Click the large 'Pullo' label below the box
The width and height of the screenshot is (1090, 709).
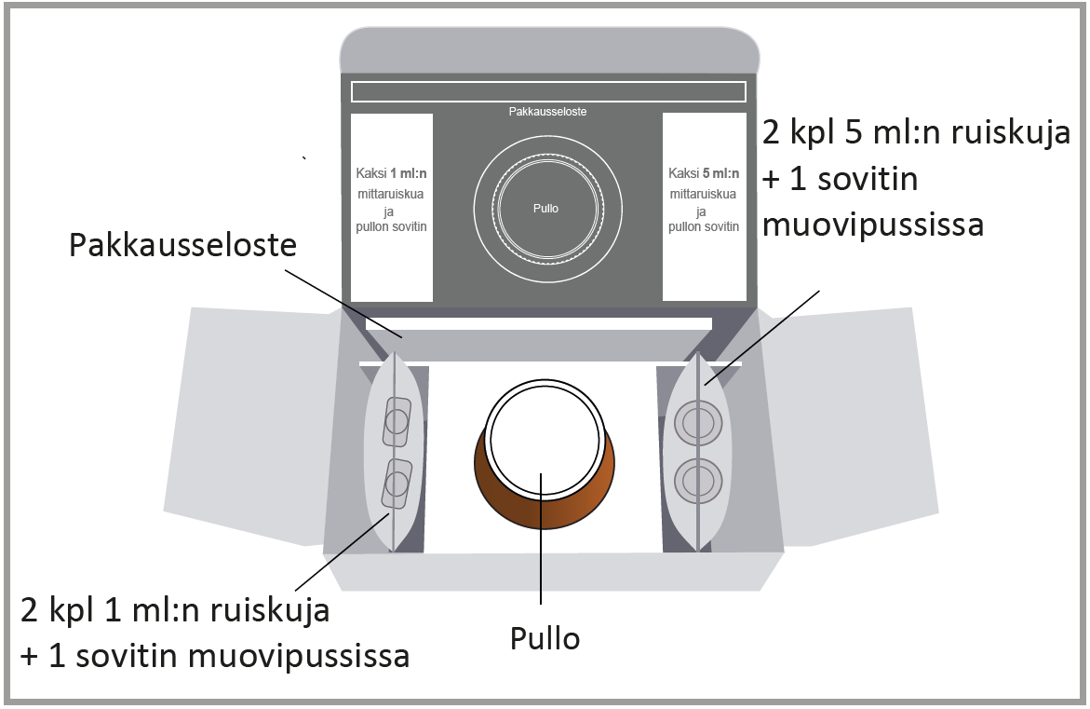[545, 639]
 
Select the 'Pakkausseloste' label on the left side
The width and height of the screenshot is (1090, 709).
[182, 246]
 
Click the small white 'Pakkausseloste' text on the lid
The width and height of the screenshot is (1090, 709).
[547, 111]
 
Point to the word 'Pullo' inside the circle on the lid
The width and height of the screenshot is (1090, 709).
[546, 208]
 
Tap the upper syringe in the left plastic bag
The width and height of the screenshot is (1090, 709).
[397, 421]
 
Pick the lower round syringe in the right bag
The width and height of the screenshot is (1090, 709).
[697, 482]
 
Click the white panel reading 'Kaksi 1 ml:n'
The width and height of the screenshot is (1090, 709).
[391, 207]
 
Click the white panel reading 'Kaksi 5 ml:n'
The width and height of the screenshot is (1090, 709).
[704, 207]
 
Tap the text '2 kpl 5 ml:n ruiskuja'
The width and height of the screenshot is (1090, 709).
[916, 131]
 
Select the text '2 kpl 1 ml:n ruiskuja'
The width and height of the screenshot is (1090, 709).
[175, 611]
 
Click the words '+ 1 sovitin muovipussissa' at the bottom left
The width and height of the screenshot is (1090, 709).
[215, 656]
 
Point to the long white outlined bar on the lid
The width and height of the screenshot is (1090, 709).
[547, 91]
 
